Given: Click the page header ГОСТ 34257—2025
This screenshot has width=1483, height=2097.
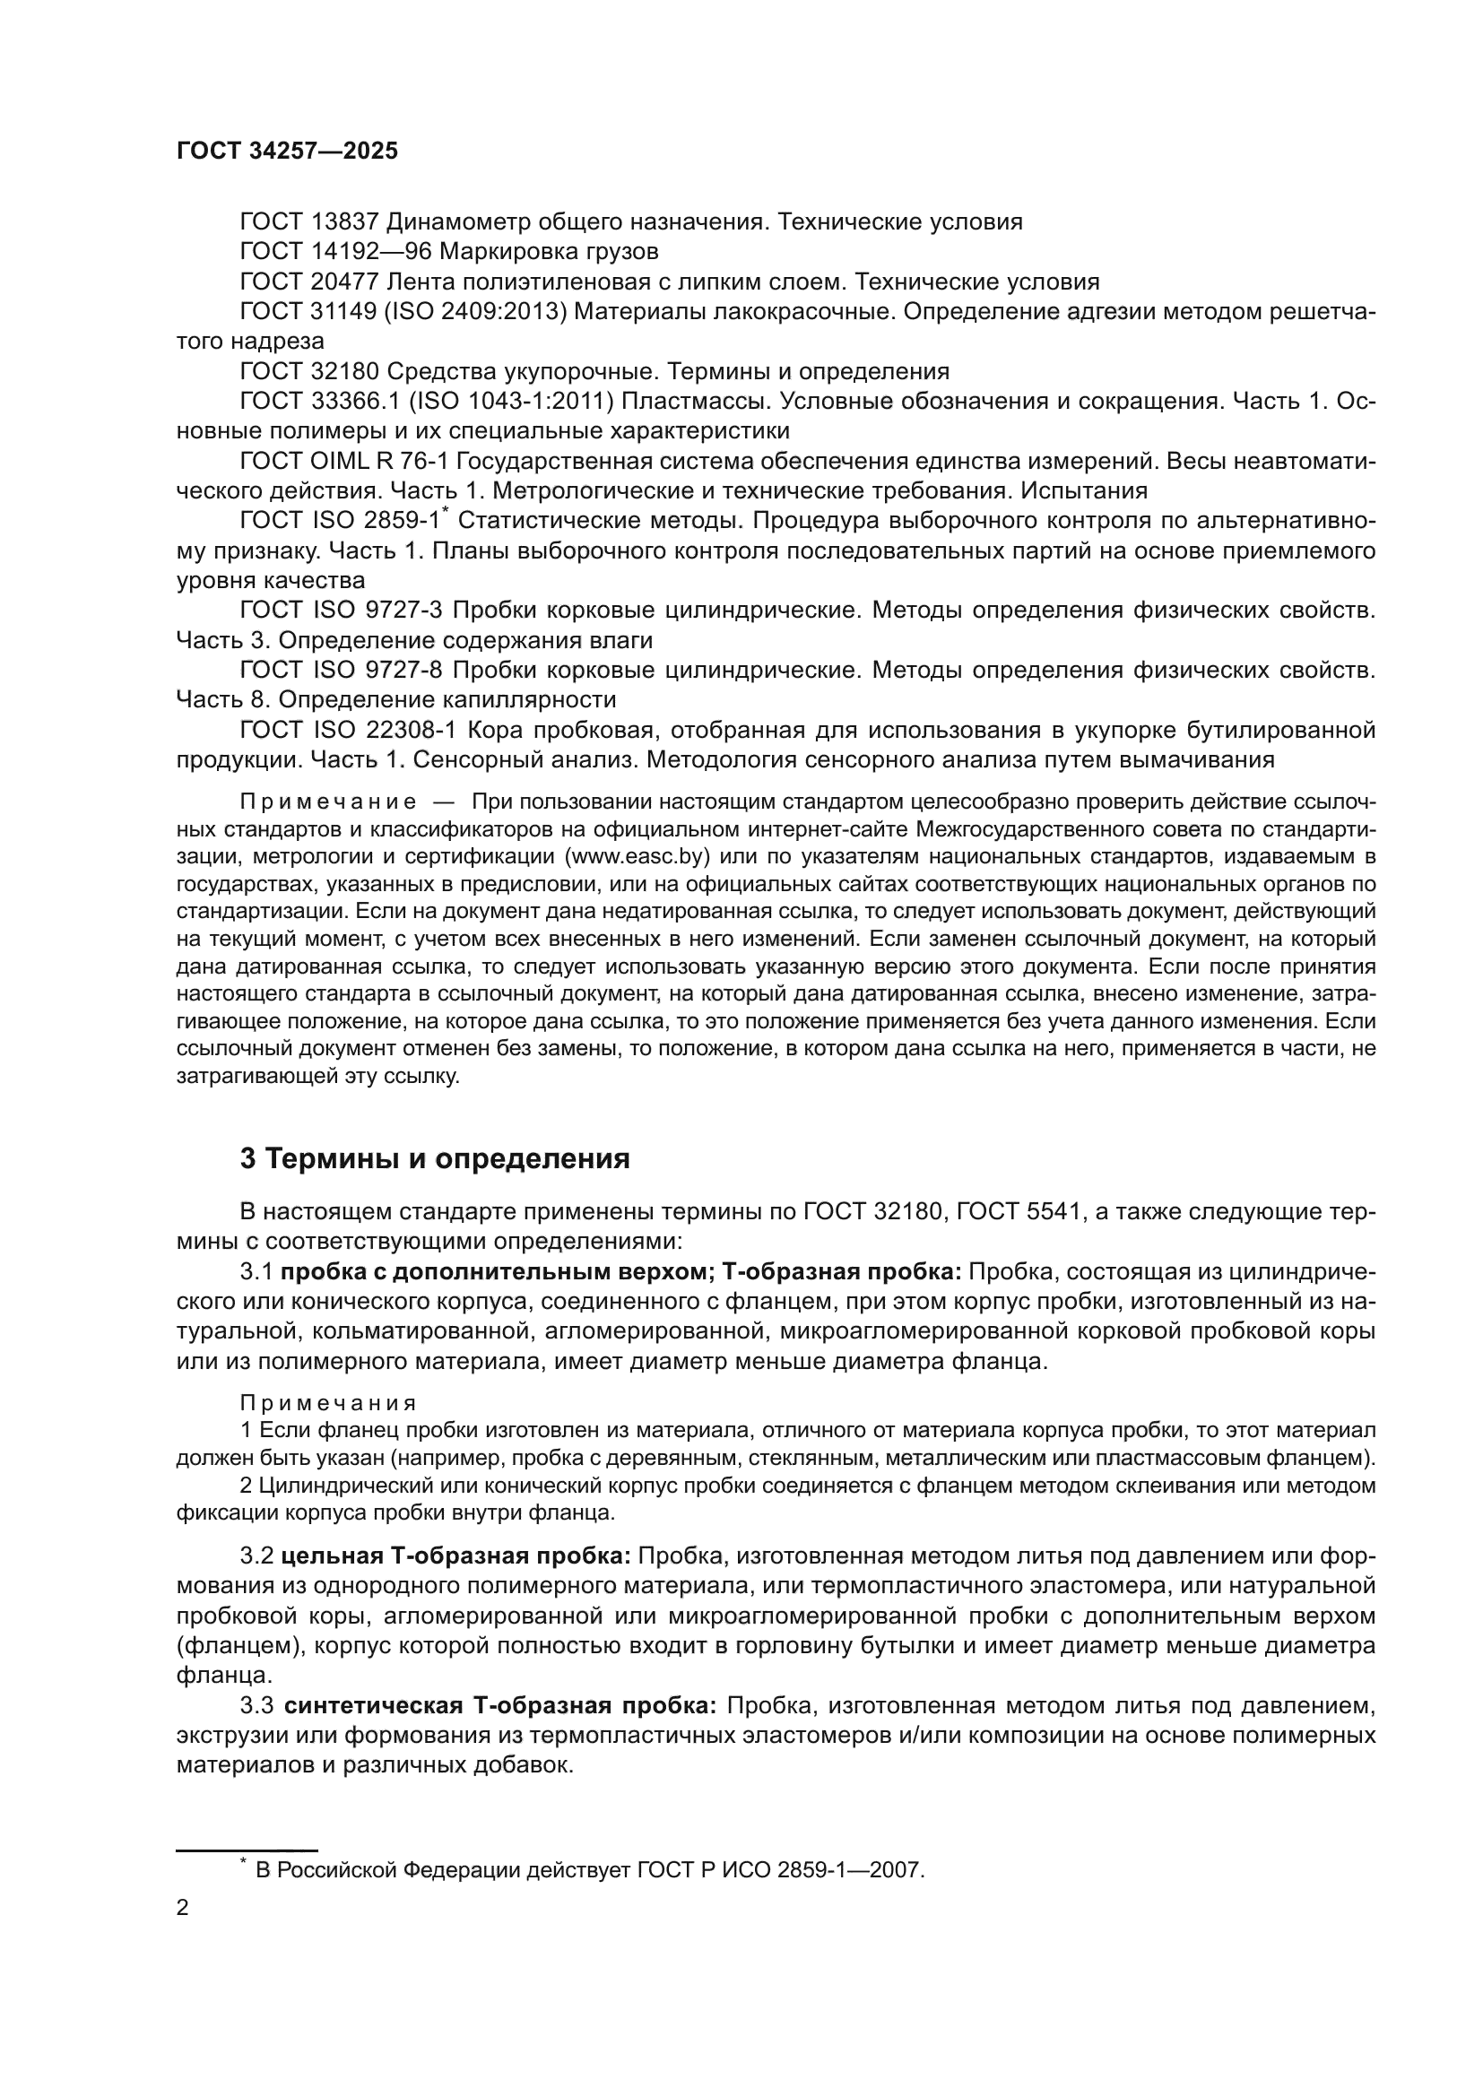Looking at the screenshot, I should [x=287, y=152].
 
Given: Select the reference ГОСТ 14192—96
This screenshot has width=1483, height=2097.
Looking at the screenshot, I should [x=334, y=251].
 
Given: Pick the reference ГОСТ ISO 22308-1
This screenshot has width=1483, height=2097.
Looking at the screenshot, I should [x=352, y=731].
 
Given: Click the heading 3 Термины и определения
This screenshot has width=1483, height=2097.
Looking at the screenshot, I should [x=435, y=1159].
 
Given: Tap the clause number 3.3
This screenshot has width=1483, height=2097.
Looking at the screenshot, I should [x=256, y=1705].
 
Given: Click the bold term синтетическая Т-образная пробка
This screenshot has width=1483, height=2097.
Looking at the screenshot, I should [x=500, y=1705].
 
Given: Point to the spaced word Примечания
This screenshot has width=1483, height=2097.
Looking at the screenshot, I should [x=328, y=1403].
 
